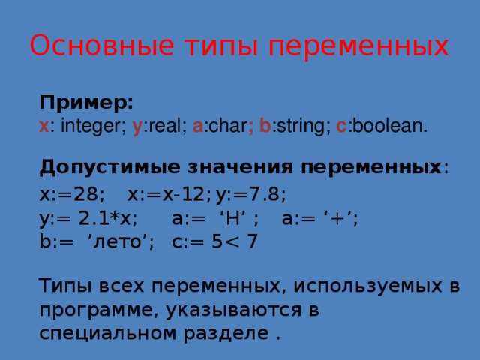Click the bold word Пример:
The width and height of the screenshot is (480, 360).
click(x=86, y=101)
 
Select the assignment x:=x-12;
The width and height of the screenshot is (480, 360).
click(x=169, y=195)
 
